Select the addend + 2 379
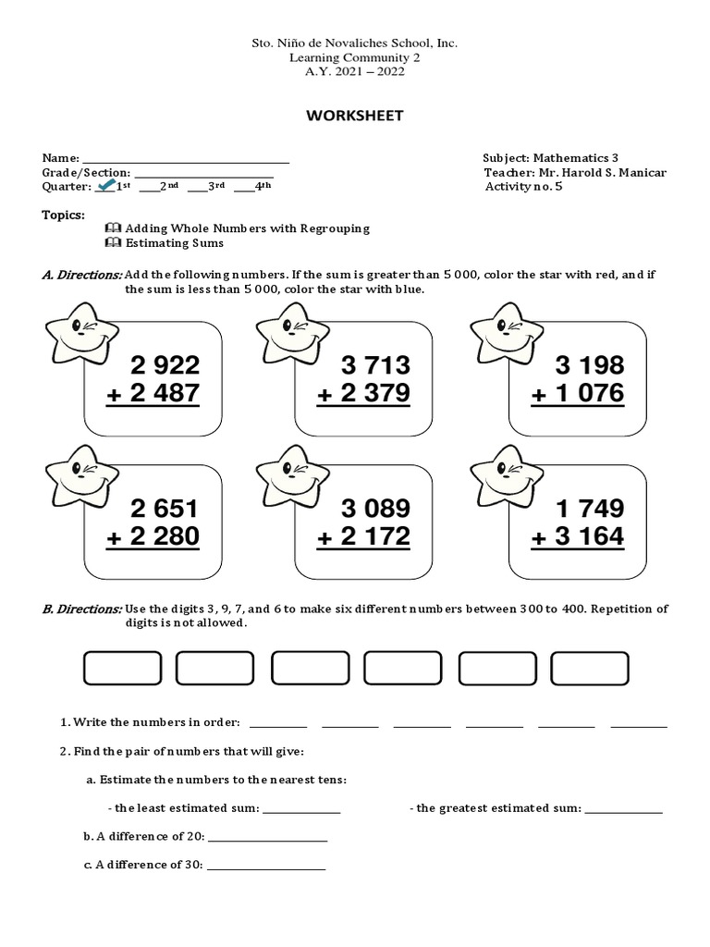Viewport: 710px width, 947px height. coord(363,394)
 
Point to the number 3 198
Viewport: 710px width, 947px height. coord(590,364)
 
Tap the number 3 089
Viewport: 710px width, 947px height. coord(376,509)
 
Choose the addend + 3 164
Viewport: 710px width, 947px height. coord(577,537)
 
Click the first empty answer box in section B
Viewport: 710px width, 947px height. coord(122,668)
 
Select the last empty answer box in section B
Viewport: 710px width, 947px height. coord(589,668)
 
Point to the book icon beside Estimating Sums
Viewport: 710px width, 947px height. coord(113,242)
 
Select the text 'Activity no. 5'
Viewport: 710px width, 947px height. coord(523,186)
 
